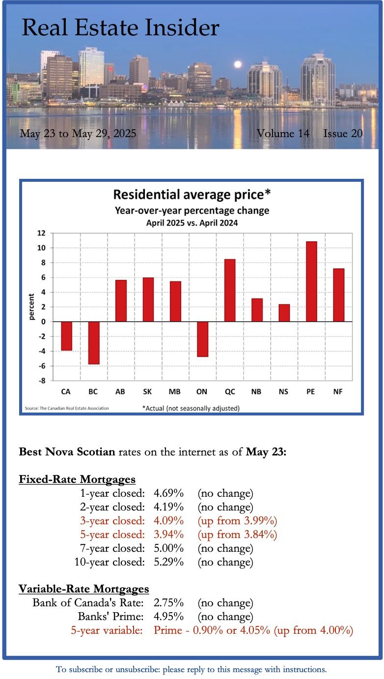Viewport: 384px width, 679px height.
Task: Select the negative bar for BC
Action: click(x=93, y=342)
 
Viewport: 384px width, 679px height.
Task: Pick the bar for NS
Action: click(x=284, y=313)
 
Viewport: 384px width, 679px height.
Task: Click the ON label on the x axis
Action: click(x=202, y=392)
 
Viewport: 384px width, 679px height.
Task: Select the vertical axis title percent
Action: click(x=31, y=307)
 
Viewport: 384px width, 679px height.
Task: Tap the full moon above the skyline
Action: click(x=238, y=64)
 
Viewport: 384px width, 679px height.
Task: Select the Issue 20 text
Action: click(x=343, y=134)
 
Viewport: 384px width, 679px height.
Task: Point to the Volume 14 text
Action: click(x=283, y=134)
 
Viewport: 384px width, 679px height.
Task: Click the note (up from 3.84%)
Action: click(x=238, y=534)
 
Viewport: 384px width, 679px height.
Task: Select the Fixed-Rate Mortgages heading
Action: click(x=77, y=479)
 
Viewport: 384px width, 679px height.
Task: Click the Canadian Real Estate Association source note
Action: click(x=67, y=408)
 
